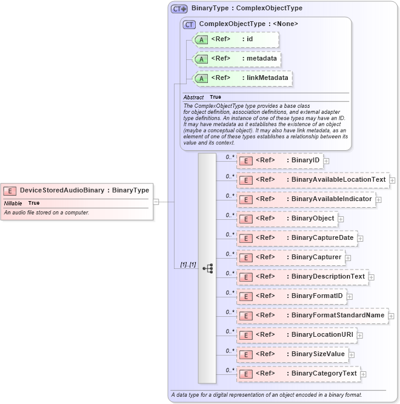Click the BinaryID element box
(x=280, y=161)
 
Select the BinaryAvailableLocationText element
(x=313, y=180)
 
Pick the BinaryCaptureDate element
(x=297, y=238)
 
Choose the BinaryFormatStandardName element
(x=312, y=316)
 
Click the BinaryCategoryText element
(x=299, y=374)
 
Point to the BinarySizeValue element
(x=293, y=354)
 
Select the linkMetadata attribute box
(x=242, y=78)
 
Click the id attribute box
(x=235, y=39)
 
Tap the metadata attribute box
(x=237, y=59)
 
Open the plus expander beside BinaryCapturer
(x=348, y=257)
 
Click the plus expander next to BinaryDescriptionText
(x=372, y=277)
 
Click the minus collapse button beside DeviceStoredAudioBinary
(x=156, y=202)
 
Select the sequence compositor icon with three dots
(x=207, y=267)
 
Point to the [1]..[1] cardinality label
(x=188, y=265)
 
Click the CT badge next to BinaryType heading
(x=179, y=8)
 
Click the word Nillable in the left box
(x=13, y=203)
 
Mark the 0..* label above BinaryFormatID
(x=230, y=293)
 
